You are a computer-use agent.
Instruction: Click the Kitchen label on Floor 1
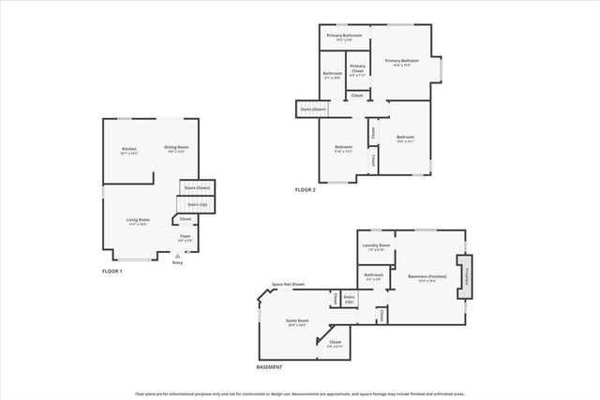pyautogui.click(x=129, y=150)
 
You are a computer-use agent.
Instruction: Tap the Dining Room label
pyautogui.click(x=176, y=149)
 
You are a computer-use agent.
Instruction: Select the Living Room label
pyautogui.click(x=139, y=221)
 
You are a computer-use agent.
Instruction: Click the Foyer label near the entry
pyautogui.click(x=185, y=238)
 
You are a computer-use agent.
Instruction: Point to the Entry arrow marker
pyautogui.click(x=178, y=256)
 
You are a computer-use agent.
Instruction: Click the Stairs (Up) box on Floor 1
pyautogui.click(x=196, y=204)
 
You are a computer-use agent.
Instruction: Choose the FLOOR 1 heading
pyautogui.click(x=112, y=271)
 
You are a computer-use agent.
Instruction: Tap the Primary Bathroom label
pyautogui.click(x=345, y=37)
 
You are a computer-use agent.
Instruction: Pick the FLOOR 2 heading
pyautogui.click(x=306, y=190)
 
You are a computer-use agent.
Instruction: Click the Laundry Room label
pyautogui.click(x=379, y=247)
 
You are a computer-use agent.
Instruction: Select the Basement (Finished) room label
pyautogui.click(x=427, y=277)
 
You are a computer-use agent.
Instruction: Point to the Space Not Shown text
pyautogui.click(x=288, y=284)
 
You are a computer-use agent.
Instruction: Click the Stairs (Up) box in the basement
pyautogui.click(x=350, y=300)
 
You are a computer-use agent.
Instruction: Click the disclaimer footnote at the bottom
pyautogui.click(x=300, y=393)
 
